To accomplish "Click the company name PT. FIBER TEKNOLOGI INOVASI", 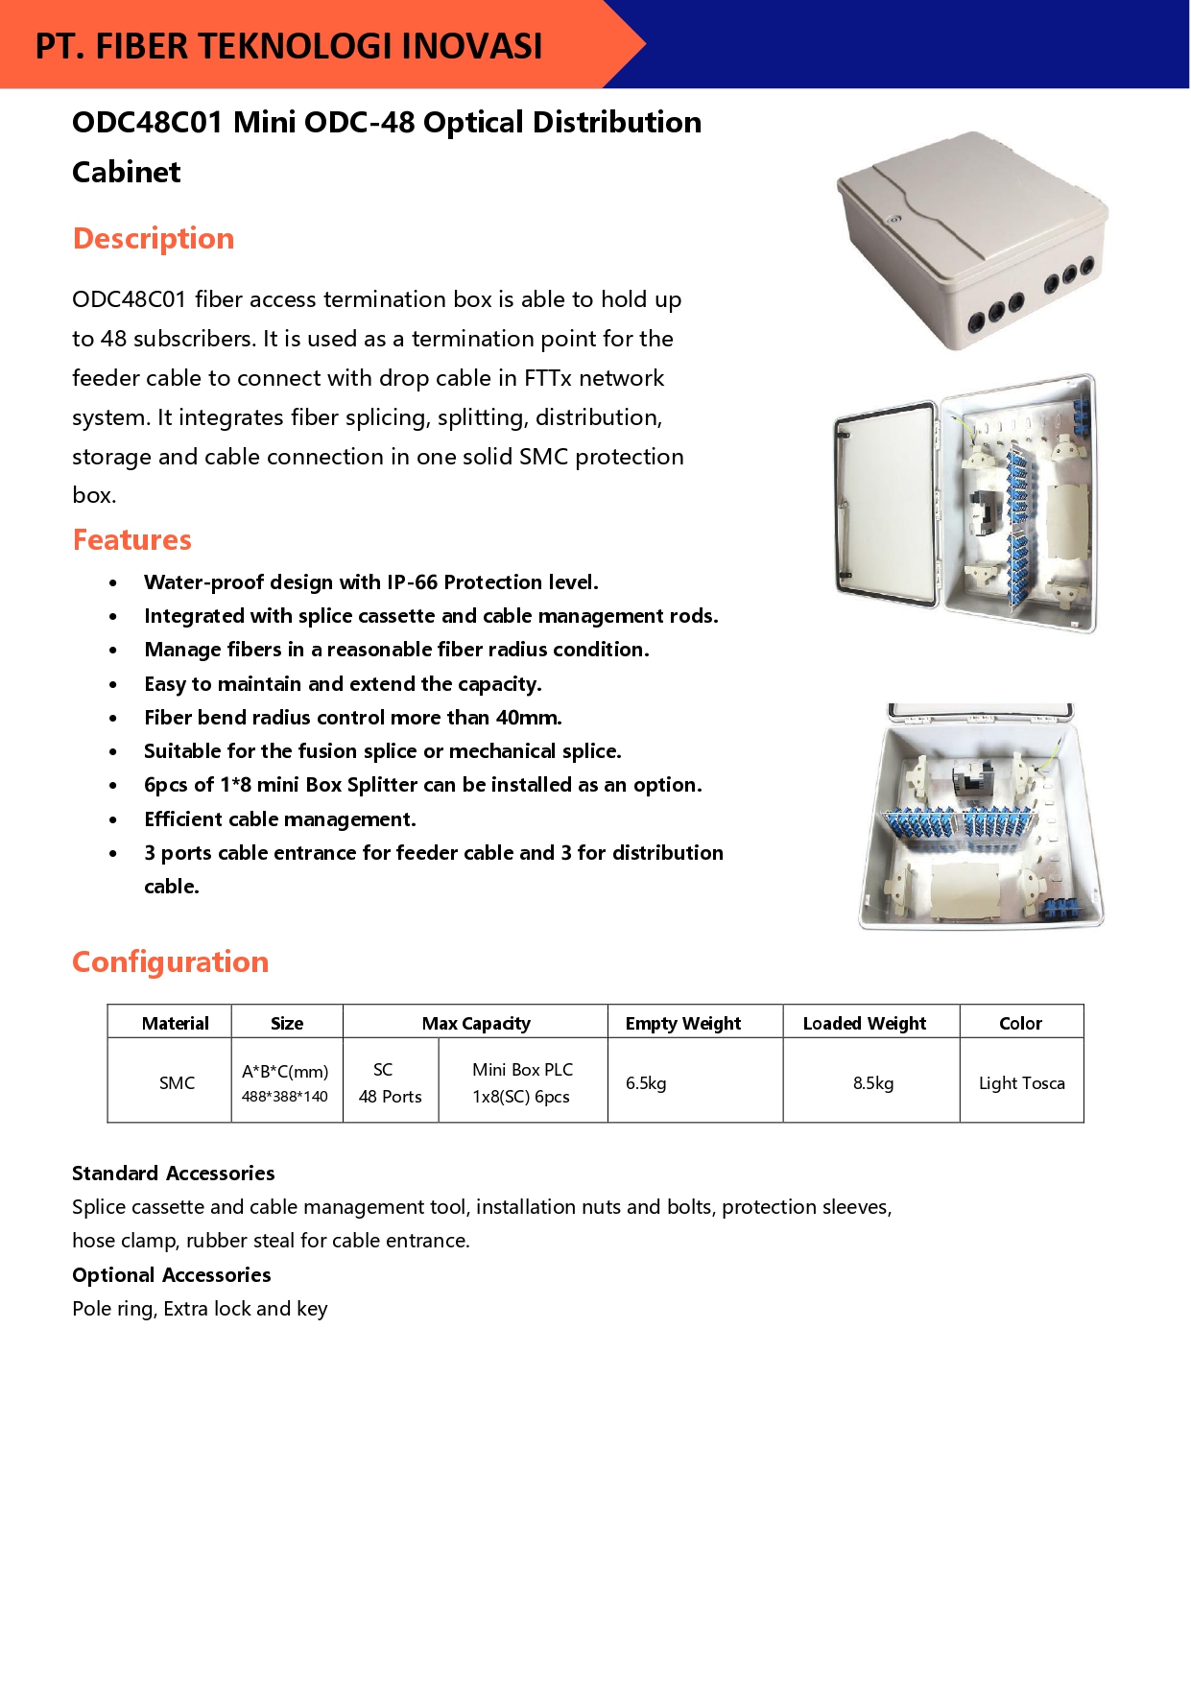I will [x=289, y=46].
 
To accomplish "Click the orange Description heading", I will [x=154, y=238].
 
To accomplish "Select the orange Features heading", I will [x=132, y=539].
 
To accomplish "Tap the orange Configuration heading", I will [x=171, y=961].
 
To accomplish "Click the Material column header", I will [x=175, y=1023].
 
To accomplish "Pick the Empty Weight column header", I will [x=682, y=1023].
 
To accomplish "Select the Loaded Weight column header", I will [x=864, y=1023].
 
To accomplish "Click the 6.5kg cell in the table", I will [x=646, y=1082].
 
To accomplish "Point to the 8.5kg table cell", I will [x=872, y=1082].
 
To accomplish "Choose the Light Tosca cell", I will [x=1021, y=1082].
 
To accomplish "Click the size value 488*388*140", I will [x=284, y=1096].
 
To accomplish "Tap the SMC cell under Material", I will [x=177, y=1082].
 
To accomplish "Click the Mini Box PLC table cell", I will [x=522, y=1082].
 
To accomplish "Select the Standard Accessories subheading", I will [x=174, y=1173].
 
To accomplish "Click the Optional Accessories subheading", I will [x=172, y=1274].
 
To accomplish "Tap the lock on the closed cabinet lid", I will [x=894, y=220].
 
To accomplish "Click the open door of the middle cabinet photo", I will [x=885, y=504].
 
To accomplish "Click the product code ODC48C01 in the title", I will [x=147, y=123].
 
